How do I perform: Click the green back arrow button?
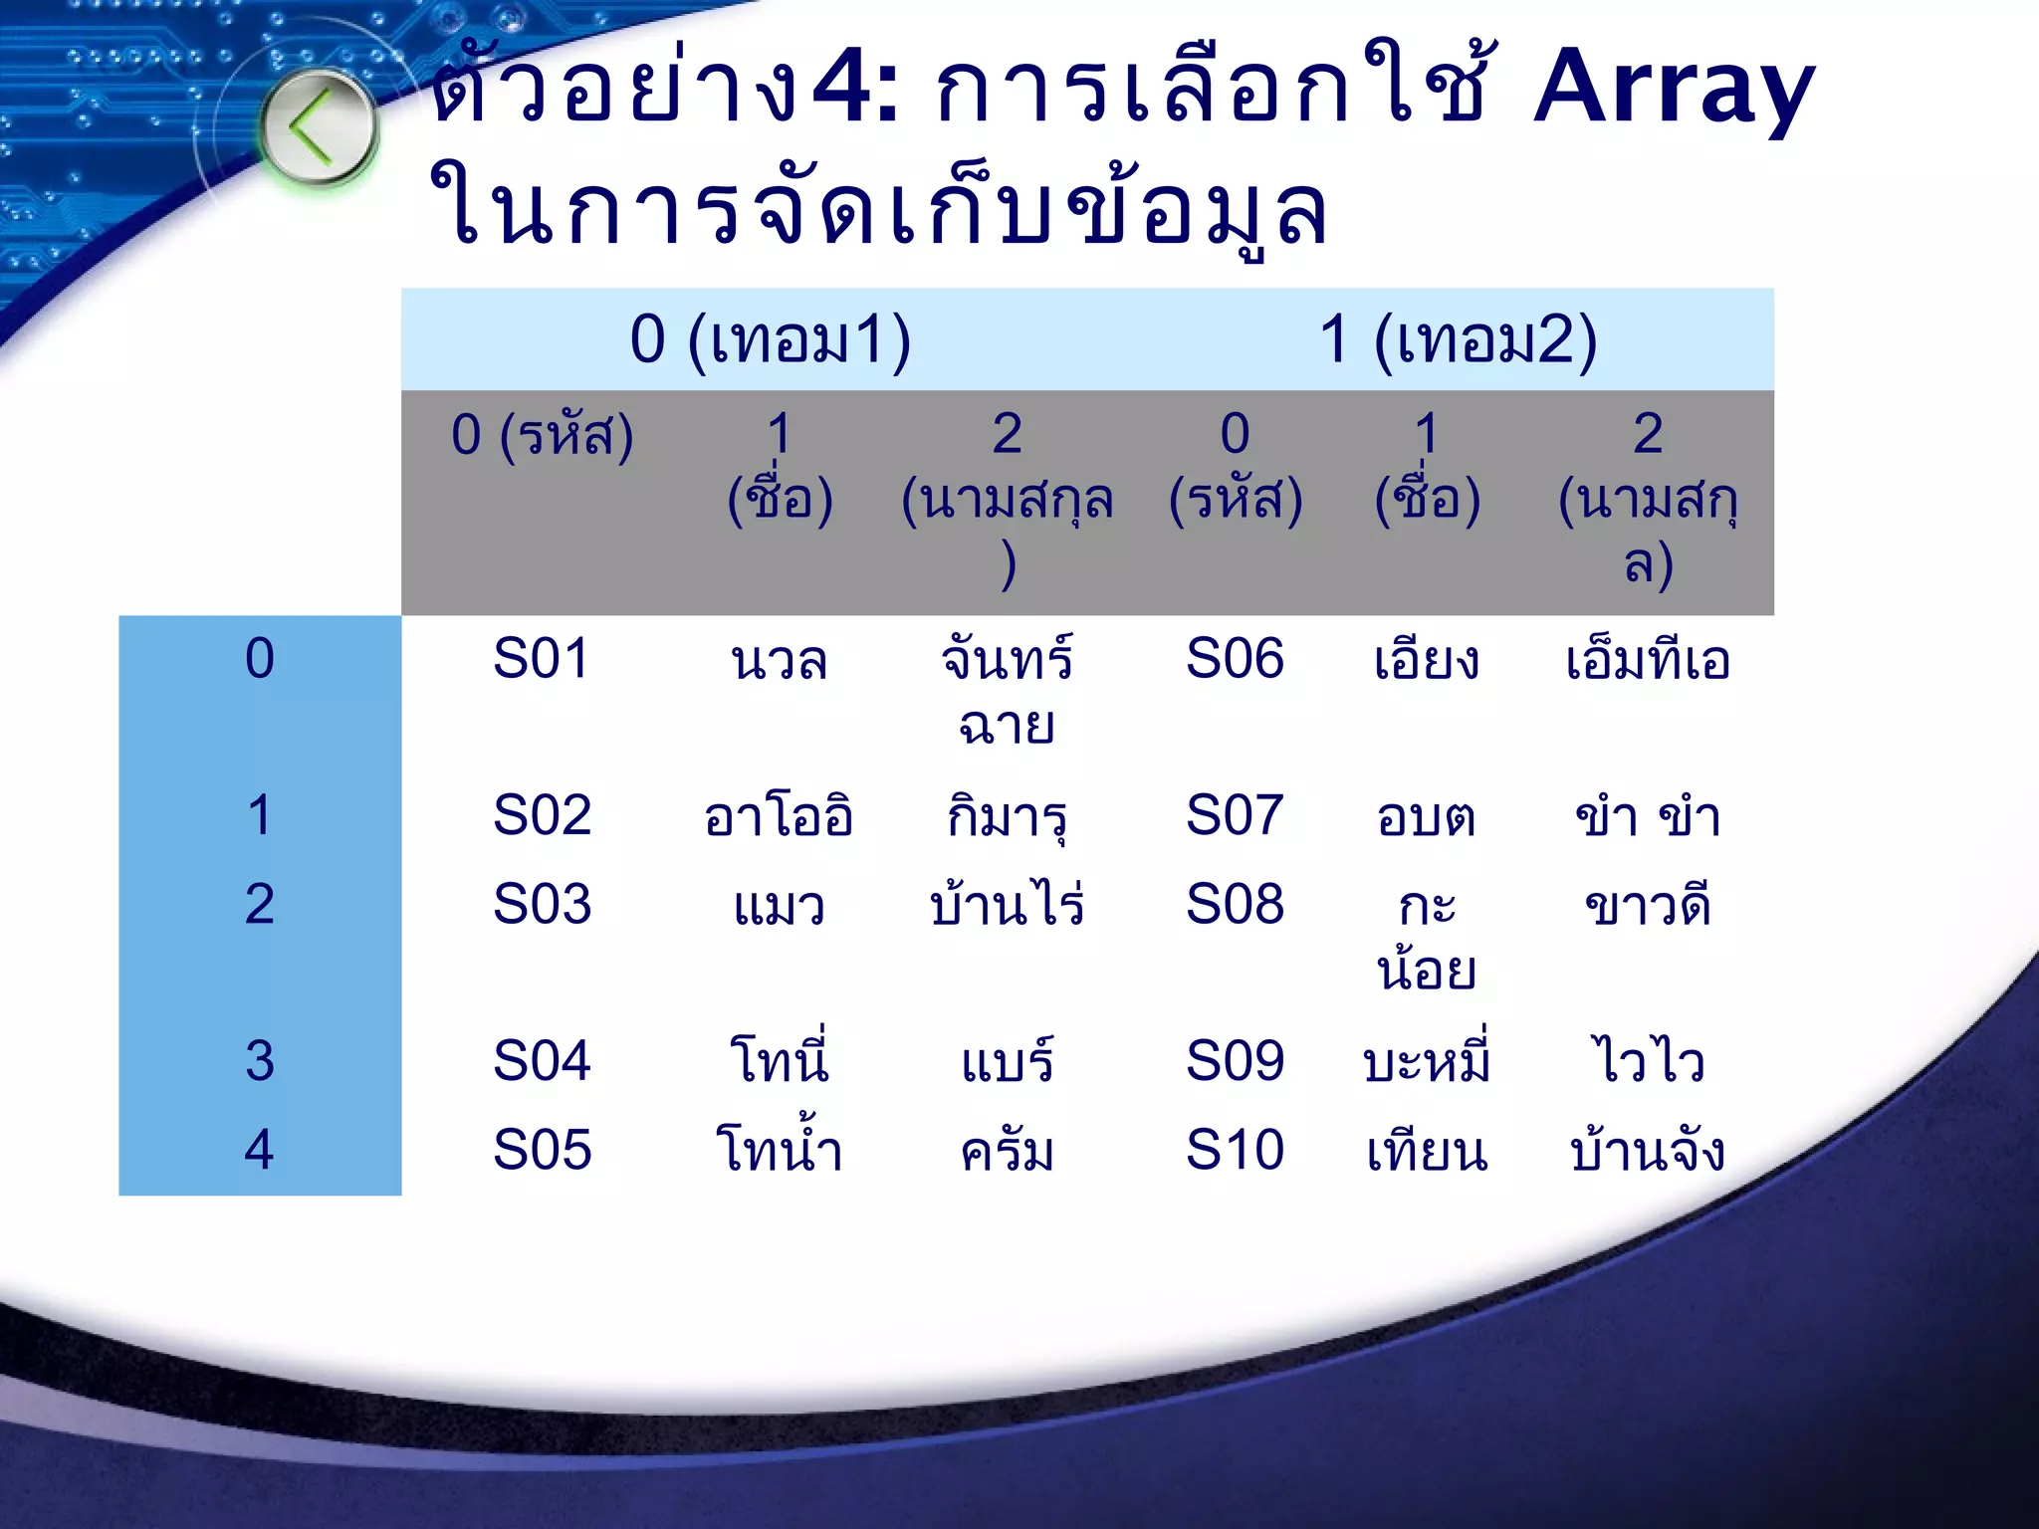(x=318, y=127)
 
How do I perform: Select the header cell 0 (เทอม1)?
(x=771, y=339)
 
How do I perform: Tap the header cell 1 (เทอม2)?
(x=1458, y=339)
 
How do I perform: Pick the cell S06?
(x=1235, y=659)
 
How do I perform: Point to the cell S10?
(x=1235, y=1150)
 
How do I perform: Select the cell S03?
(x=542, y=904)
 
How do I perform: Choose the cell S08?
(x=1235, y=904)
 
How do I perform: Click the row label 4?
(x=259, y=1150)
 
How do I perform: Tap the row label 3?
(x=259, y=1061)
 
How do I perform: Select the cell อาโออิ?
(x=779, y=816)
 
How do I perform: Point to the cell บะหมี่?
(x=1426, y=1061)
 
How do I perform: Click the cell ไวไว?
(x=1649, y=1061)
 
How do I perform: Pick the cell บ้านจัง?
(x=1648, y=1150)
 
